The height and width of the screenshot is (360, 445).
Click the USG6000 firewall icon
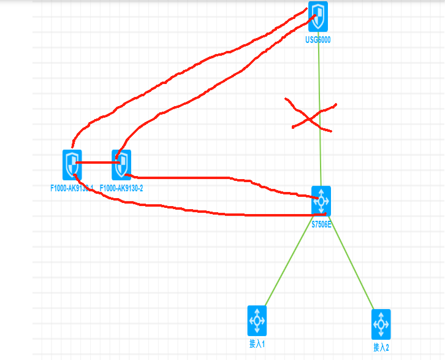coord(318,17)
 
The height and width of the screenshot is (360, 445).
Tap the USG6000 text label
coord(319,40)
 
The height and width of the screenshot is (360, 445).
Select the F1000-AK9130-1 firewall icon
coord(72,164)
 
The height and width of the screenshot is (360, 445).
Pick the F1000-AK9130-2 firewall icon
coord(121,164)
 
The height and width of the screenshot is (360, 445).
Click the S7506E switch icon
coord(321,201)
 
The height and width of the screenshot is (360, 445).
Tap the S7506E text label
coord(321,224)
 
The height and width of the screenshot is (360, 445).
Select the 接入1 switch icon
coord(257,320)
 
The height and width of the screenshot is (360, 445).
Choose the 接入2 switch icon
coord(381,324)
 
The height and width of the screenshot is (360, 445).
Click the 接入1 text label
coord(257,343)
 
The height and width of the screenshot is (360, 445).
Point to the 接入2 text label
coord(381,348)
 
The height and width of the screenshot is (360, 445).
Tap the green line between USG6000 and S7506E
coord(319,74)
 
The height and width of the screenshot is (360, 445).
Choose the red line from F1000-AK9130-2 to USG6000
coord(202,92)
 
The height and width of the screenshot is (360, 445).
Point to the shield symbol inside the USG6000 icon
coord(318,16)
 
